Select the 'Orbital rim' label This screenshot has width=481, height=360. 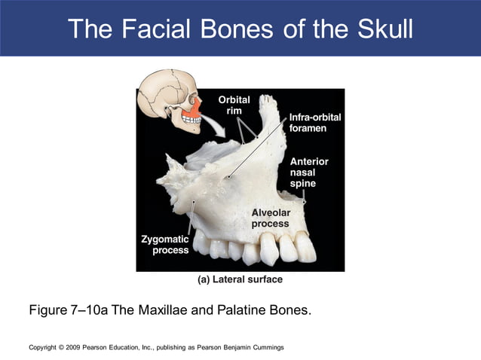(x=234, y=105)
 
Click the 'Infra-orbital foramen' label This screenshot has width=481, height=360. (x=308, y=123)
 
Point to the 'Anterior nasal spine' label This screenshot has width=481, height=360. (x=309, y=172)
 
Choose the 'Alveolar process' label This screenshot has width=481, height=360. (x=271, y=218)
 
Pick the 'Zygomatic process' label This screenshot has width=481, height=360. (x=164, y=245)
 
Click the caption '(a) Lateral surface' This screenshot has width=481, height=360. (x=240, y=279)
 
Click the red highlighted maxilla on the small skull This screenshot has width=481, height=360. (x=193, y=111)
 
